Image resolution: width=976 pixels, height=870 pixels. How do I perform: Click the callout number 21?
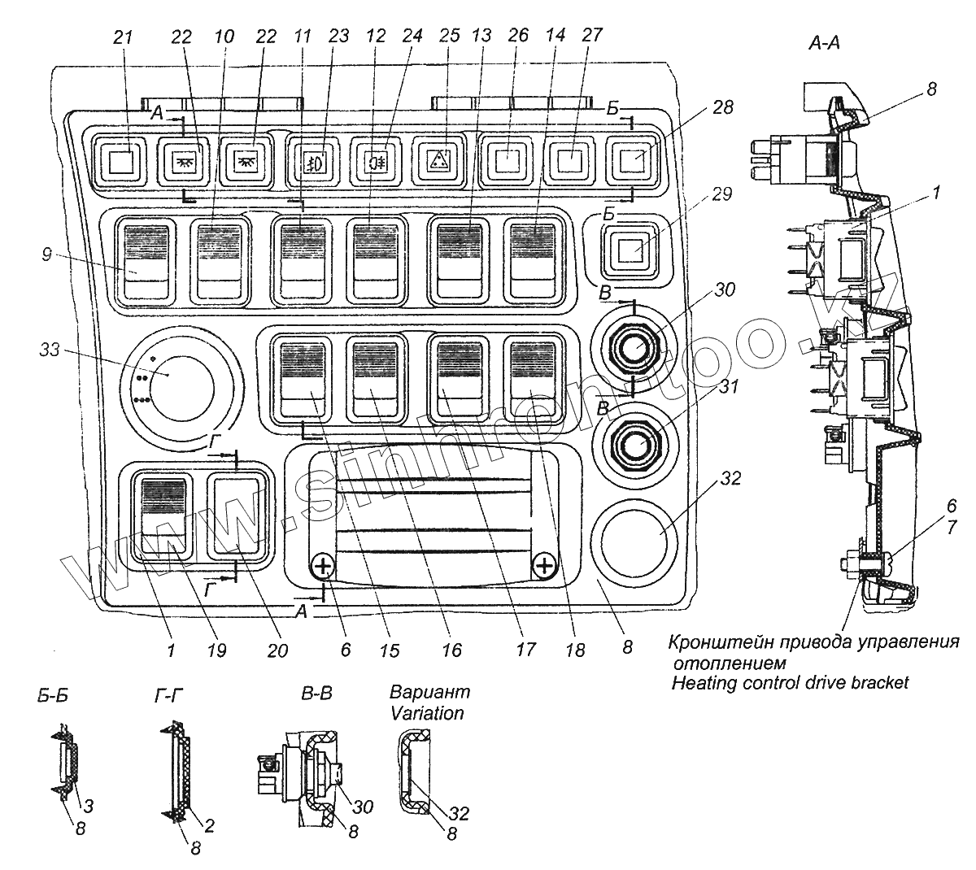[122, 37]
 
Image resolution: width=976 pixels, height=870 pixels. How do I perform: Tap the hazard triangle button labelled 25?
[439, 163]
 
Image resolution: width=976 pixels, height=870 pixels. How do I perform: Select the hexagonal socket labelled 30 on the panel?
[633, 348]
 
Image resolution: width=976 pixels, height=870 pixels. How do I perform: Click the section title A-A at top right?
[824, 43]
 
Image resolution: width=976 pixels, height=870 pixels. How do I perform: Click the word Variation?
[427, 713]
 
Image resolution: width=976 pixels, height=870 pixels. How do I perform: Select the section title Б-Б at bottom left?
[52, 696]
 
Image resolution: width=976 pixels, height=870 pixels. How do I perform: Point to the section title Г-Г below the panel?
[168, 695]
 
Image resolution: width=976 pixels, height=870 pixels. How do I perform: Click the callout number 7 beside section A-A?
[952, 528]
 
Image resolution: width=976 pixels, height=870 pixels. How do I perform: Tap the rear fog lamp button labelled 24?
[377, 163]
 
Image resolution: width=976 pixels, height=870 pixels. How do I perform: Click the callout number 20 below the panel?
[277, 650]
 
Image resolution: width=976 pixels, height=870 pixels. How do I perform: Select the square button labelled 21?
[120, 163]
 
